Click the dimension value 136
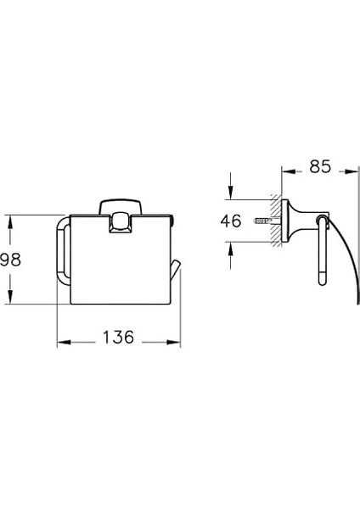click(x=118, y=337)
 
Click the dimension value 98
click(x=10, y=260)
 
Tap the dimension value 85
click(x=320, y=166)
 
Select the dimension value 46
click(x=231, y=221)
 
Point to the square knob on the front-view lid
click(x=121, y=221)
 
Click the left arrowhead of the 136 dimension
click(x=64, y=342)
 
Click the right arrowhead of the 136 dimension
click(x=173, y=342)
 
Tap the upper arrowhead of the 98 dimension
click(x=10, y=221)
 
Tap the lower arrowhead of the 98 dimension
click(x=10, y=297)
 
